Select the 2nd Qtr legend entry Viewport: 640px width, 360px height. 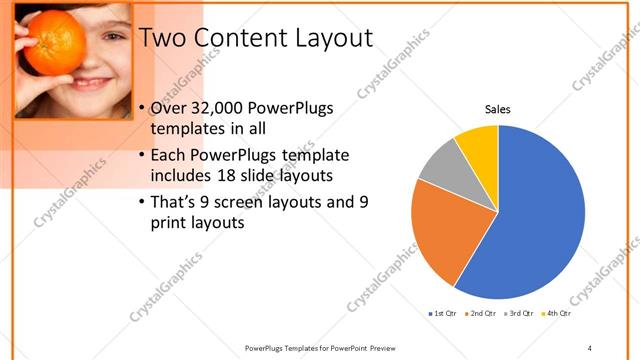[x=483, y=314]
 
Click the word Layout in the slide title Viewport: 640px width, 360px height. [x=327, y=38]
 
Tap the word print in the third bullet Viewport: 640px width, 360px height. [x=169, y=223]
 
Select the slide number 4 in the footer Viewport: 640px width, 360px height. [x=590, y=347]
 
